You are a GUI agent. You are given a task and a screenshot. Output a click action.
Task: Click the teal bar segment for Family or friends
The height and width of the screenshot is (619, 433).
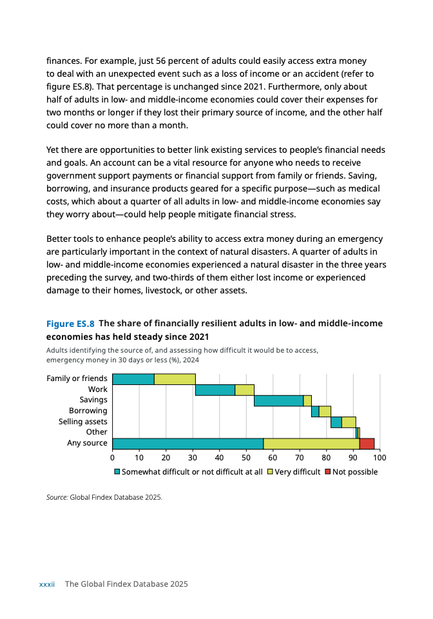coord(133,379)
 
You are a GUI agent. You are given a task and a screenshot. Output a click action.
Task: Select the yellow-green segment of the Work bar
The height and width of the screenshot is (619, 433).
coord(244,389)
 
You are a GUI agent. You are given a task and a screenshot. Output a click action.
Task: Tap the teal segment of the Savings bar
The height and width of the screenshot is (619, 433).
coord(278,400)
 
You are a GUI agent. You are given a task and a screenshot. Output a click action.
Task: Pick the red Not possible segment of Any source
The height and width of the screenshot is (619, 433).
coord(367,444)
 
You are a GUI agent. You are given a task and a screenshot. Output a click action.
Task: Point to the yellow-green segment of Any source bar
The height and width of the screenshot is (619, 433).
coord(311,444)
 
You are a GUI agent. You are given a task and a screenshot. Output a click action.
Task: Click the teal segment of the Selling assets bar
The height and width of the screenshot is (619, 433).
coord(336,422)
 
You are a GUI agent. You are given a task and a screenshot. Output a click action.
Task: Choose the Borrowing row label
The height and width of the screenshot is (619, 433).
coord(88,411)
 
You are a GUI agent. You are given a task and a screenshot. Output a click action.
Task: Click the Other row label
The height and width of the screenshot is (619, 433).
coord(97,433)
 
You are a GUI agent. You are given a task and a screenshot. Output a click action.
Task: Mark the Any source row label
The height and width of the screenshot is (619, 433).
coord(87,444)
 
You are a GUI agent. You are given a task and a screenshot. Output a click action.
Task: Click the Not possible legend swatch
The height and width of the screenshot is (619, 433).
coord(327,472)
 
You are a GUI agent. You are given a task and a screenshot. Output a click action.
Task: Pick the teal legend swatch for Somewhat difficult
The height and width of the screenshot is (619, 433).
coord(117,472)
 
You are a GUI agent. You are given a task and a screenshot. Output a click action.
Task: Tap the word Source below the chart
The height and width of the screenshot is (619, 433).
coord(57,497)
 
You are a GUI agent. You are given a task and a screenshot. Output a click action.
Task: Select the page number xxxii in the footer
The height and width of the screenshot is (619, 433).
coord(47,584)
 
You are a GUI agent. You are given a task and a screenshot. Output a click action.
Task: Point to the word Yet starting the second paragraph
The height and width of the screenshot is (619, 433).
coord(53,150)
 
